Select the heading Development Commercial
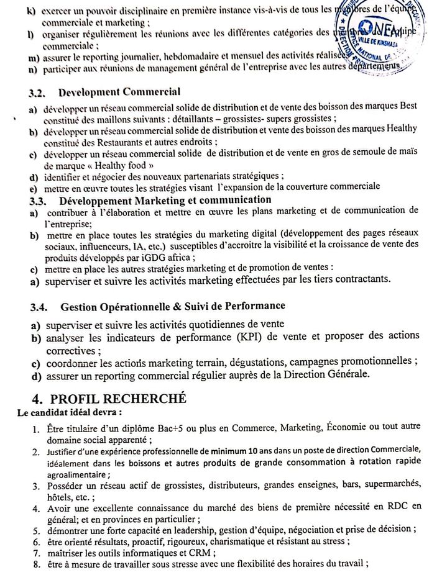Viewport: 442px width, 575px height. (119, 93)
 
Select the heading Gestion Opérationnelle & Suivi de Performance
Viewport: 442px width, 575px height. (173, 307)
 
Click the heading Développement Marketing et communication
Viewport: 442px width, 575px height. (165, 200)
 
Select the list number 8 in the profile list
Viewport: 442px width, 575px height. (37, 564)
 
